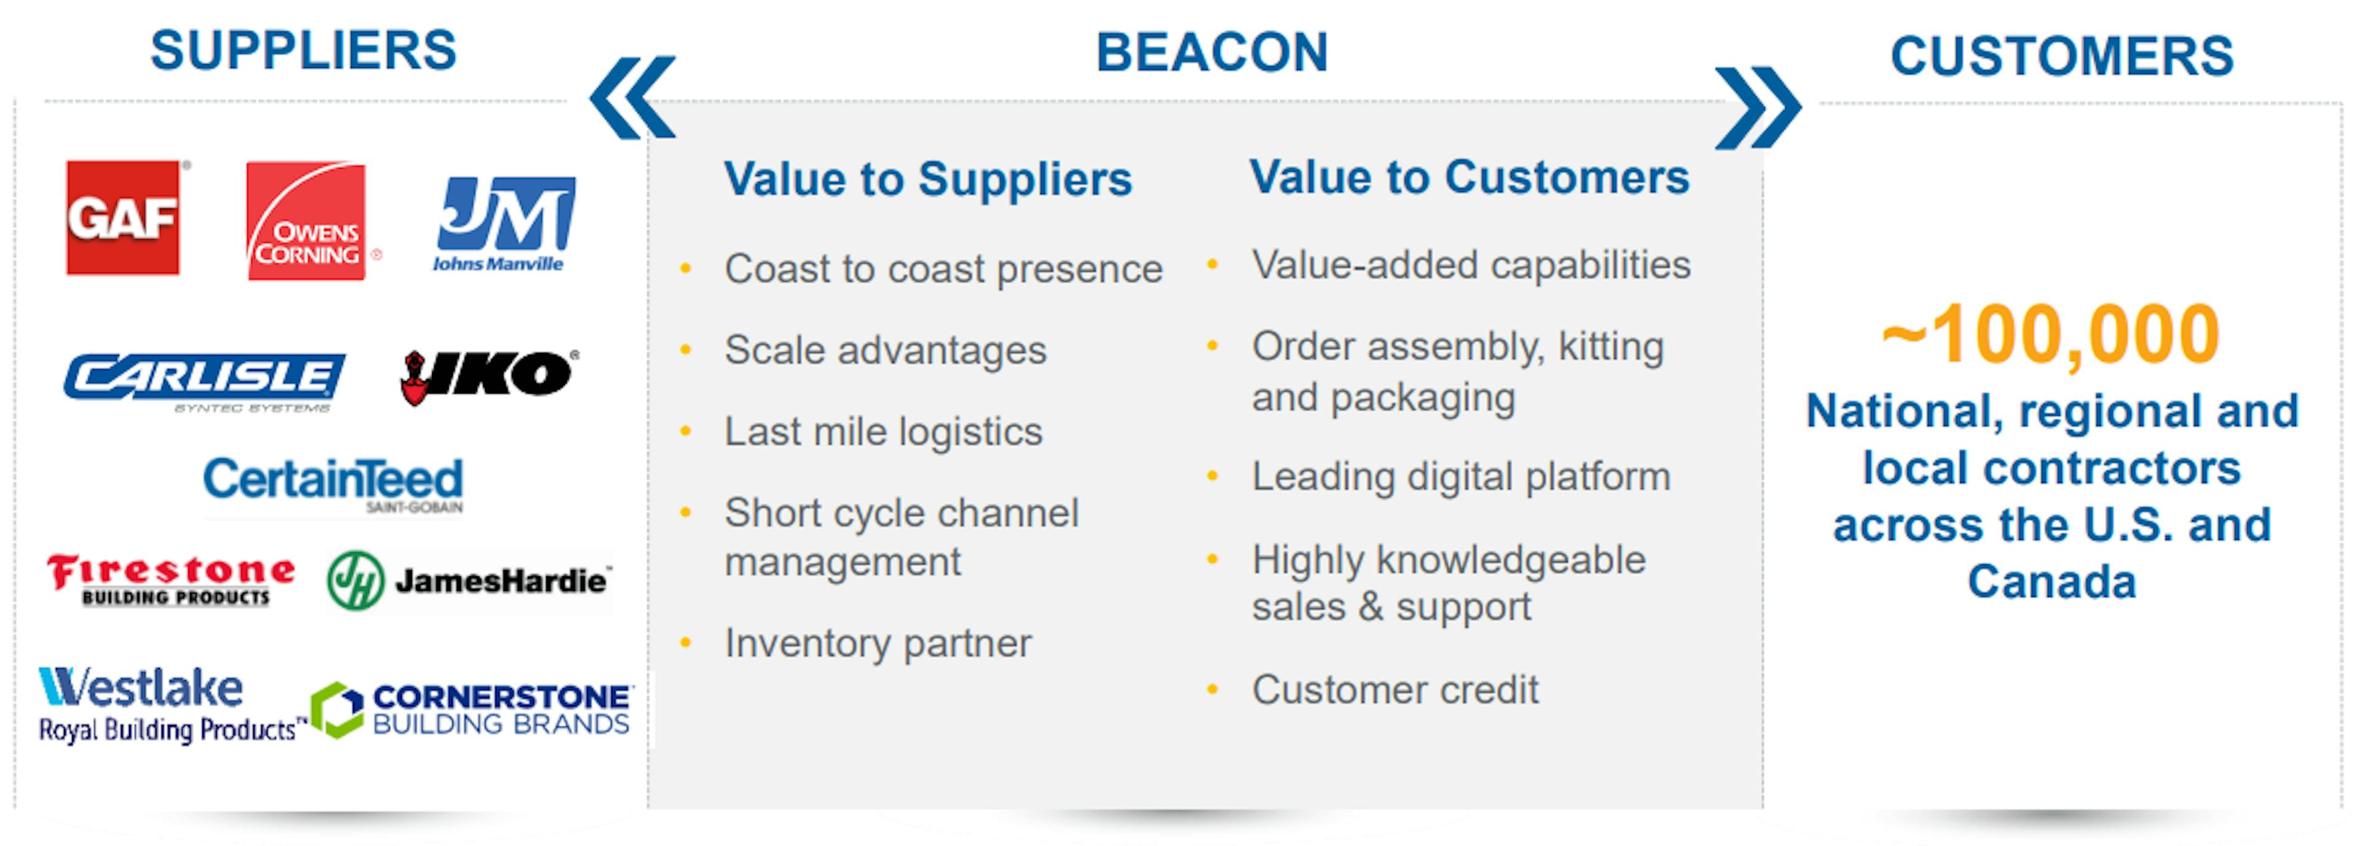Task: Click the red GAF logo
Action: (x=124, y=218)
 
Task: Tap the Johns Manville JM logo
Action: (x=505, y=224)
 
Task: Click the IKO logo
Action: (x=489, y=376)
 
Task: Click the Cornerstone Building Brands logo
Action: (x=471, y=710)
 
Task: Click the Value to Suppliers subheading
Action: (x=928, y=179)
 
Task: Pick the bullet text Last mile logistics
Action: (x=883, y=432)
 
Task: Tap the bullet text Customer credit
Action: (x=1395, y=689)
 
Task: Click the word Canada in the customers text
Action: (x=2052, y=581)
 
